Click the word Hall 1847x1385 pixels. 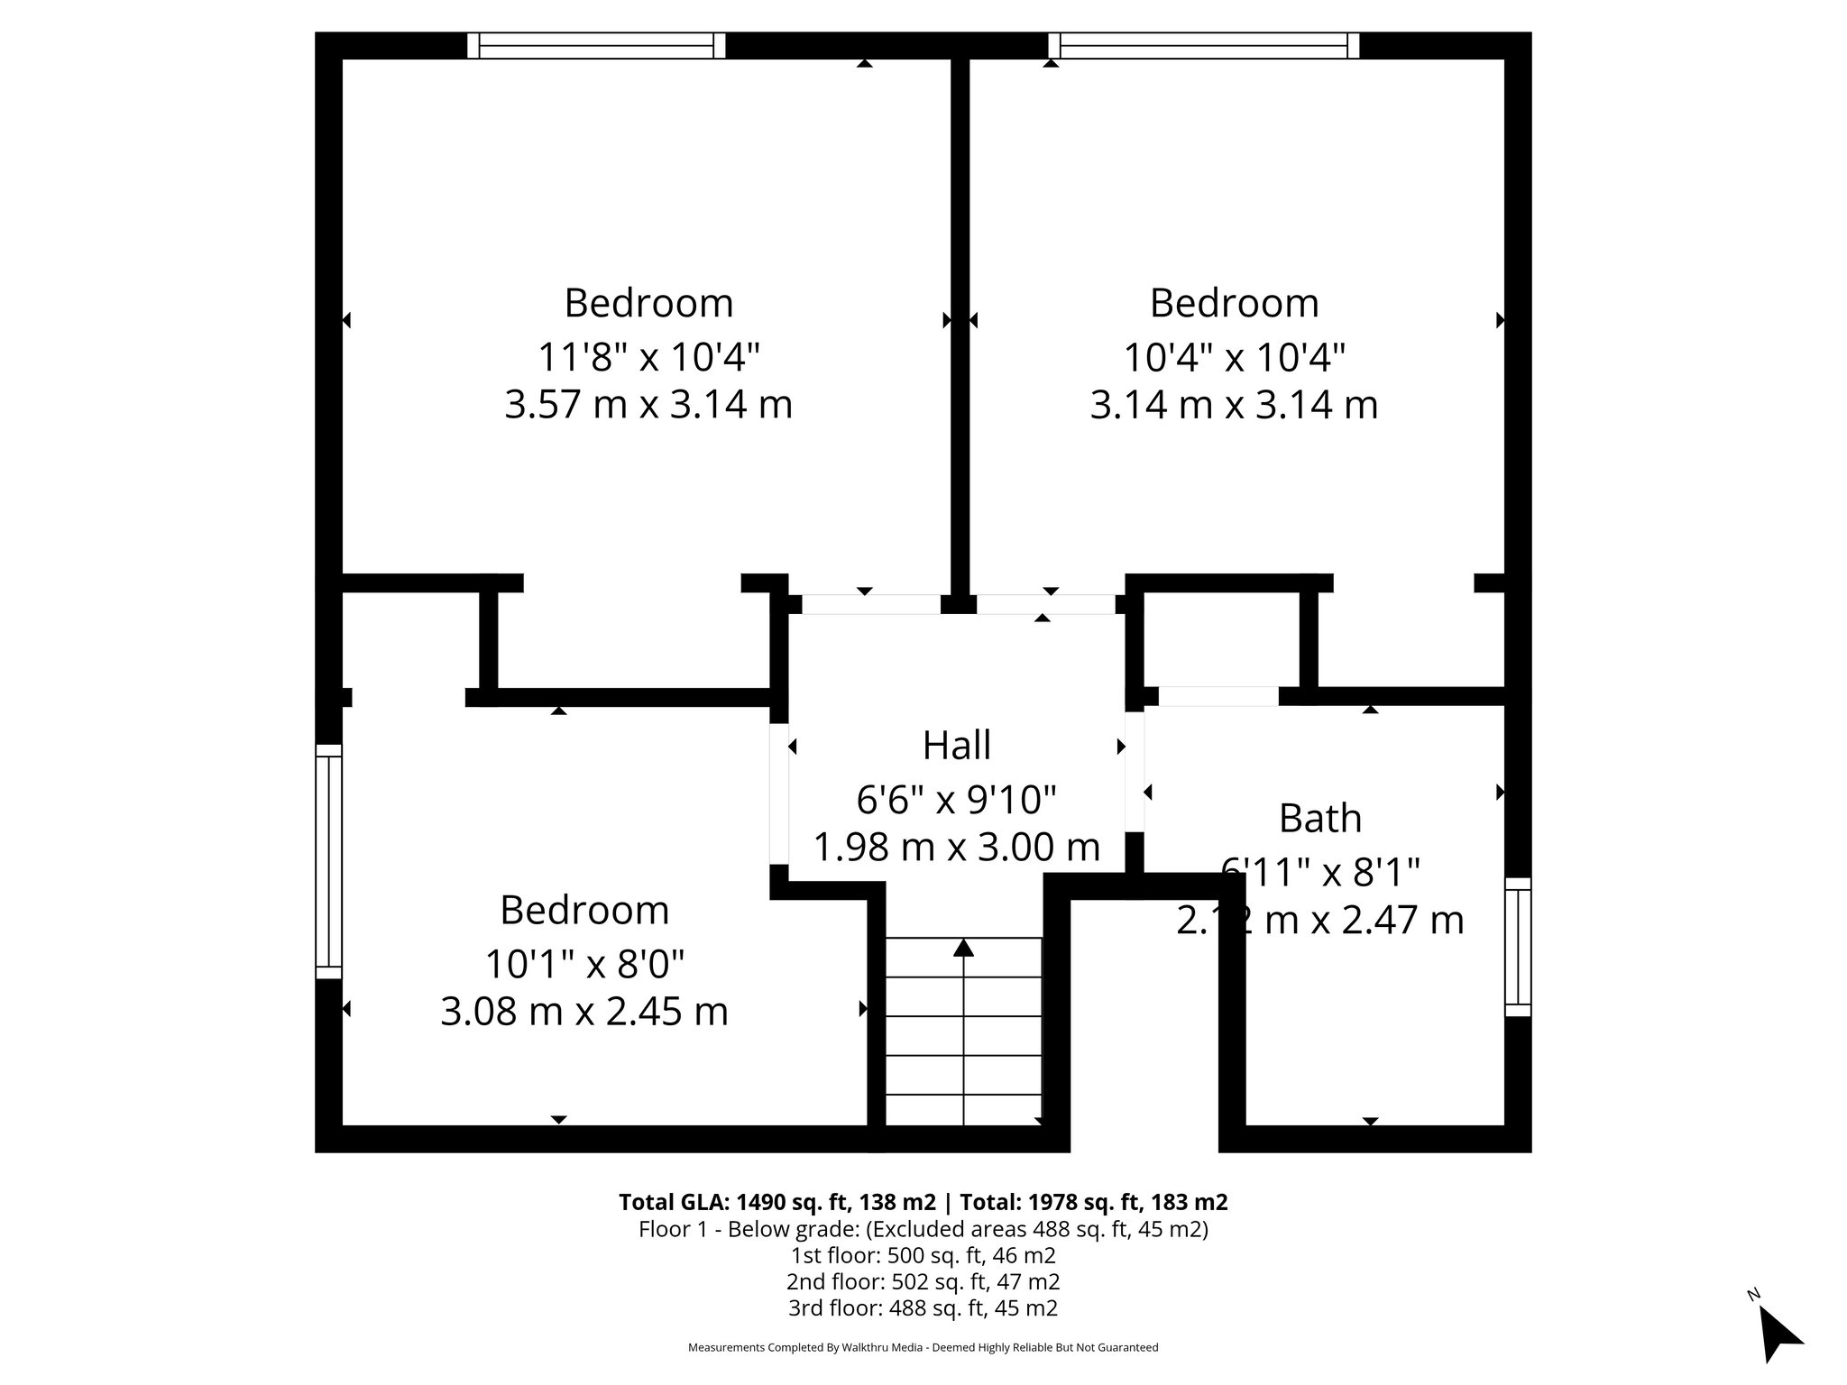(x=956, y=746)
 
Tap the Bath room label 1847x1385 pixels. (x=1319, y=819)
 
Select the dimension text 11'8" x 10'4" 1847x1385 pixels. (x=648, y=357)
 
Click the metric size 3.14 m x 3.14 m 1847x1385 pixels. (x=1234, y=405)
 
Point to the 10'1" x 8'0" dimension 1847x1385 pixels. (x=584, y=964)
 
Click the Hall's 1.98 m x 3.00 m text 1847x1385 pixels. (x=956, y=848)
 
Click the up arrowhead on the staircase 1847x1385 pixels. (x=963, y=947)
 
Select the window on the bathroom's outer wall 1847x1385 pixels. (x=1518, y=947)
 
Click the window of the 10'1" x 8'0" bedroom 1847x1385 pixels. (x=328, y=861)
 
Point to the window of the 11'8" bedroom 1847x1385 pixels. (x=596, y=45)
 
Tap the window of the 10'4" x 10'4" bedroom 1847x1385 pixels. (x=1203, y=45)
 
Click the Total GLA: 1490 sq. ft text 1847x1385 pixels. (x=778, y=1202)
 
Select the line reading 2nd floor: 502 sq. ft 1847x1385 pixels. (x=923, y=1281)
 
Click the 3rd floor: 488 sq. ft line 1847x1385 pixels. (x=923, y=1307)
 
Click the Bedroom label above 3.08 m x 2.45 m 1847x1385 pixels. (x=584, y=910)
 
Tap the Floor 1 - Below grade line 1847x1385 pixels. (x=923, y=1229)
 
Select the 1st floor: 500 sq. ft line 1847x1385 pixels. (x=923, y=1255)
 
